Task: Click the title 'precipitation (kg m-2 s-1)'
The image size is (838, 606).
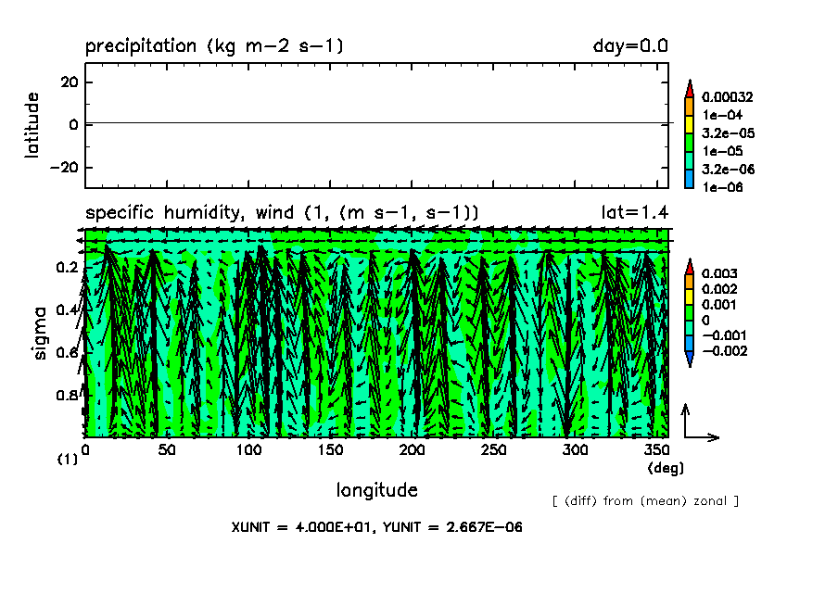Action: [x=214, y=46]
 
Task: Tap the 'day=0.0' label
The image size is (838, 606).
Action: [x=630, y=46]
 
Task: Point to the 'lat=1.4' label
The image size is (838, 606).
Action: [x=636, y=213]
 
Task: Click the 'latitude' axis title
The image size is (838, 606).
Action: [x=33, y=124]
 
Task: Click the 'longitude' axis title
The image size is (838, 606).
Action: [x=376, y=489]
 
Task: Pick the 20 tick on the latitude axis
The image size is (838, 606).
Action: [x=70, y=82]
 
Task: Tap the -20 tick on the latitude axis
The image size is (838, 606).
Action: [x=65, y=168]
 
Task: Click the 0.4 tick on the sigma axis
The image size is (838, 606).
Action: [x=66, y=309]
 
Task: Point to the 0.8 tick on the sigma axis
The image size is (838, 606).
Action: [x=66, y=396]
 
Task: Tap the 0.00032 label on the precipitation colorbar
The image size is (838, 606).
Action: [x=728, y=96]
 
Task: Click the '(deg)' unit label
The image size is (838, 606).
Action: [x=665, y=468]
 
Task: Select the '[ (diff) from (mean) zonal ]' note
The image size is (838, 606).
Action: [x=645, y=501]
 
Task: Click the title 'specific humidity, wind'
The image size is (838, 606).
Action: [x=214, y=213]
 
